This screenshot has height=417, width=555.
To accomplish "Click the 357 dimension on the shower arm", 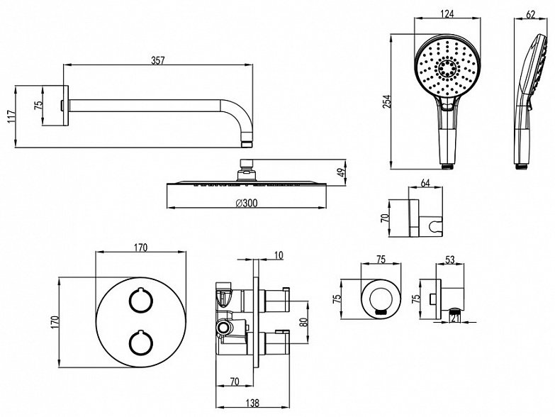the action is (158, 60).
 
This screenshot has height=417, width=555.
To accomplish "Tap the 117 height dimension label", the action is (11, 116).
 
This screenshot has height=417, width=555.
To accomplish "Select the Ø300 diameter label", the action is (247, 203).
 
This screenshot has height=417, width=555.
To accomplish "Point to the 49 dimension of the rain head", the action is (340, 172).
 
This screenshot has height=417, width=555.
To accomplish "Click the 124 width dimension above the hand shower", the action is (447, 13).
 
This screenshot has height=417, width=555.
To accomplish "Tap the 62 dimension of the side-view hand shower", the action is (531, 14).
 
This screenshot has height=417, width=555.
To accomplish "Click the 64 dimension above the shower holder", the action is (425, 183).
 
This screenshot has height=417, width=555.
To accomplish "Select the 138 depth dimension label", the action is (252, 403).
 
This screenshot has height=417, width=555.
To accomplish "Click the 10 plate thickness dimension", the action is (279, 255).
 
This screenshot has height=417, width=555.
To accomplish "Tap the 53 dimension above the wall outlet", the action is (449, 260).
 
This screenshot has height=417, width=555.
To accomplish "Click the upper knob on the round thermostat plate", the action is (140, 300).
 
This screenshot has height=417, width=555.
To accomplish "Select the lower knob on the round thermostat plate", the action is (140, 343).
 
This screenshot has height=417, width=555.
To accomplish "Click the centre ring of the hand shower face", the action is (447, 67).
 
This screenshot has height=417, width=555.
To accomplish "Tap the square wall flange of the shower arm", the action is (64, 105).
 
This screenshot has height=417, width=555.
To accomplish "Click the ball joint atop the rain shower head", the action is (247, 174).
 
